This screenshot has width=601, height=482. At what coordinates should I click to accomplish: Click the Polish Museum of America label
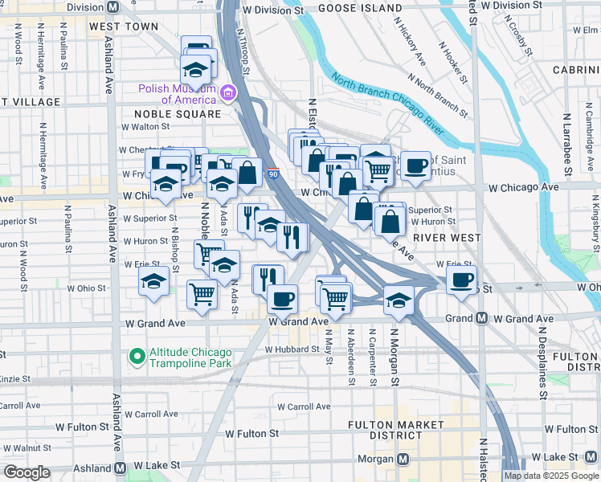[x=177, y=95]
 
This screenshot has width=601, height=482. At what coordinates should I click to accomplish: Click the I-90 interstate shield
[x=273, y=173]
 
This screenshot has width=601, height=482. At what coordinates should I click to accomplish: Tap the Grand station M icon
[x=481, y=318]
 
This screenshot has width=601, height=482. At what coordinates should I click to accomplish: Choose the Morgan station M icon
[x=403, y=459]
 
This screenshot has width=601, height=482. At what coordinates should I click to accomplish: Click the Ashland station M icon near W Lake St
[x=121, y=467]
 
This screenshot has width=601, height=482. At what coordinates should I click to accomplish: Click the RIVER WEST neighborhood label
[x=447, y=238]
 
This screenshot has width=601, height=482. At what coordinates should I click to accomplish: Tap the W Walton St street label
[x=145, y=126]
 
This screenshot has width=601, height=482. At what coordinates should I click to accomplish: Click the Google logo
[x=27, y=472]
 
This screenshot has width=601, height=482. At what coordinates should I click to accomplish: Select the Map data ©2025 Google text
[x=551, y=476]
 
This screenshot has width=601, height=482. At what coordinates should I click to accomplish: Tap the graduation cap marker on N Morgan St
[x=399, y=299]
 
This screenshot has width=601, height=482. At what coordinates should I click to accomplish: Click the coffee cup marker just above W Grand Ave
[x=281, y=300]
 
